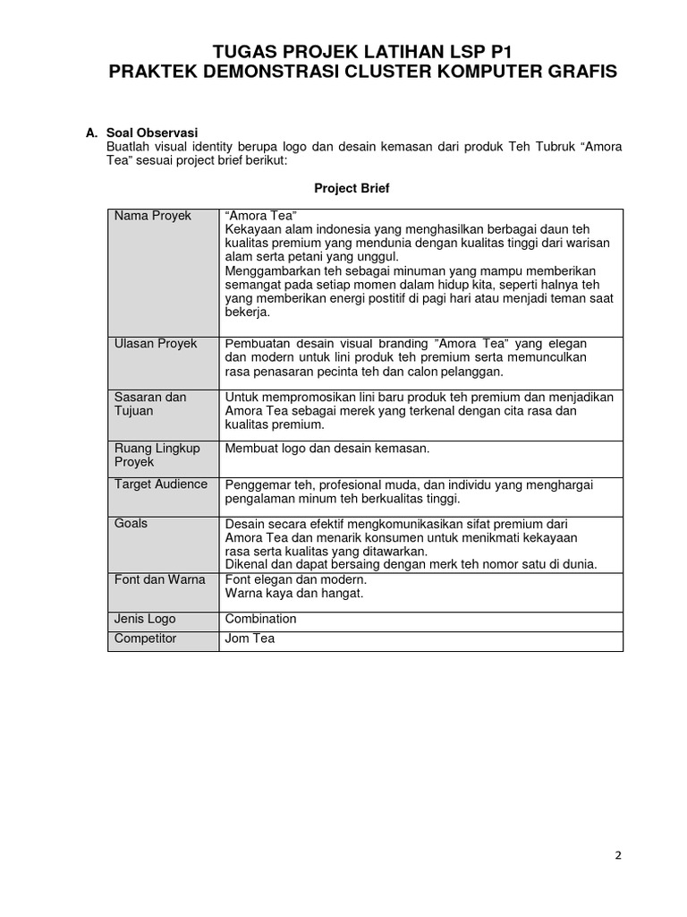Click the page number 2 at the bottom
tap(617, 854)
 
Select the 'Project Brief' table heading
tap(352, 188)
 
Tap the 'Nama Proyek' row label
tap(152, 217)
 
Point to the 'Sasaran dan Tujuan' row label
tap(149, 404)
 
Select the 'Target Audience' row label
tap(161, 484)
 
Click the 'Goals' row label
tap(131, 523)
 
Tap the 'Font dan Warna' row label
tap(159, 579)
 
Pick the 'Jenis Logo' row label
tap(145, 619)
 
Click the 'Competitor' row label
tap(145, 638)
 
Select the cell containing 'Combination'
tap(260, 619)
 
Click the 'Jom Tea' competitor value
tap(250, 638)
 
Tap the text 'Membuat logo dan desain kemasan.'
tap(327, 448)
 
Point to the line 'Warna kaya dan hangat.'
tap(293, 593)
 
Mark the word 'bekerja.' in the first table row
tap(247, 313)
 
